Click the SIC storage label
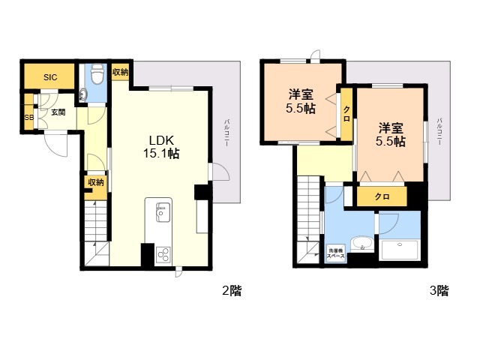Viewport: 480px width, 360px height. (x=49, y=77)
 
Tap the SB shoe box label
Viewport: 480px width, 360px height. (x=29, y=118)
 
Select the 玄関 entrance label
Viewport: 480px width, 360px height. (x=58, y=112)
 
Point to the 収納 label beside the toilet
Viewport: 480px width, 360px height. (x=120, y=73)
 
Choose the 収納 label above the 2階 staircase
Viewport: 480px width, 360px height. (x=94, y=182)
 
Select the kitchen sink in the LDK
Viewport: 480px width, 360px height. (x=160, y=214)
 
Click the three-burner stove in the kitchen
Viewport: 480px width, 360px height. (x=163, y=254)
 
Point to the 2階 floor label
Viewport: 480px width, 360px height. (x=231, y=291)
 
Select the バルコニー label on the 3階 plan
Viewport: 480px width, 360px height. (x=439, y=132)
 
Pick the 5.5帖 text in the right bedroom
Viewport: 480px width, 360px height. (x=391, y=141)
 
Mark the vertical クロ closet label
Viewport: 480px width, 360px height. (x=346, y=113)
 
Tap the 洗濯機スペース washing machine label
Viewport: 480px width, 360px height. (x=335, y=253)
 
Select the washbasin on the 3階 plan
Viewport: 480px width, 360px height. (x=362, y=244)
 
